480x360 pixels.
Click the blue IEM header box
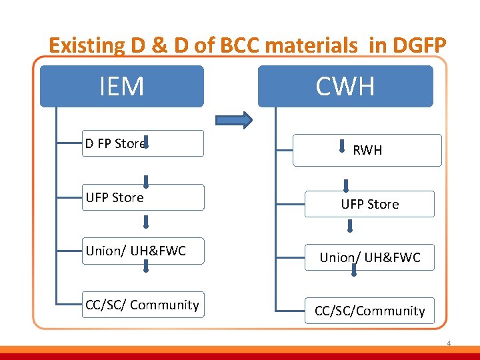pyautogui.click(x=121, y=87)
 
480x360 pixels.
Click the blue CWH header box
pyautogui.click(x=345, y=87)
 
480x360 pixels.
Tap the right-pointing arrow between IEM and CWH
pyautogui.click(x=234, y=120)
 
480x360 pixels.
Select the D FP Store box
pyautogui.click(x=143, y=143)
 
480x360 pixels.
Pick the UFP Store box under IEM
pyautogui.click(x=143, y=197)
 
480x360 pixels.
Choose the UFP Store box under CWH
pyautogui.click(x=369, y=204)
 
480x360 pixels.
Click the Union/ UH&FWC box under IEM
pyautogui.click(x=143, y=251)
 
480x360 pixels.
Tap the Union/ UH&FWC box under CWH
pyautogui.click(x=369, y=257)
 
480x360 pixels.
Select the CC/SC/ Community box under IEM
pyautogui.click(x=143, y=305)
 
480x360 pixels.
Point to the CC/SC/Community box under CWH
pyautogui.click(x=369, y=311)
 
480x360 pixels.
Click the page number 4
pyautogui.click(x=449, y=344)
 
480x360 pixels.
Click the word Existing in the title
pyautogui.click(x=87, y=45)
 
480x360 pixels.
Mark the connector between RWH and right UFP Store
pyautogui.click(x=347, y=186)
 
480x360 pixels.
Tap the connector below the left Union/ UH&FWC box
pyautogui.click(x=145, y=267)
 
